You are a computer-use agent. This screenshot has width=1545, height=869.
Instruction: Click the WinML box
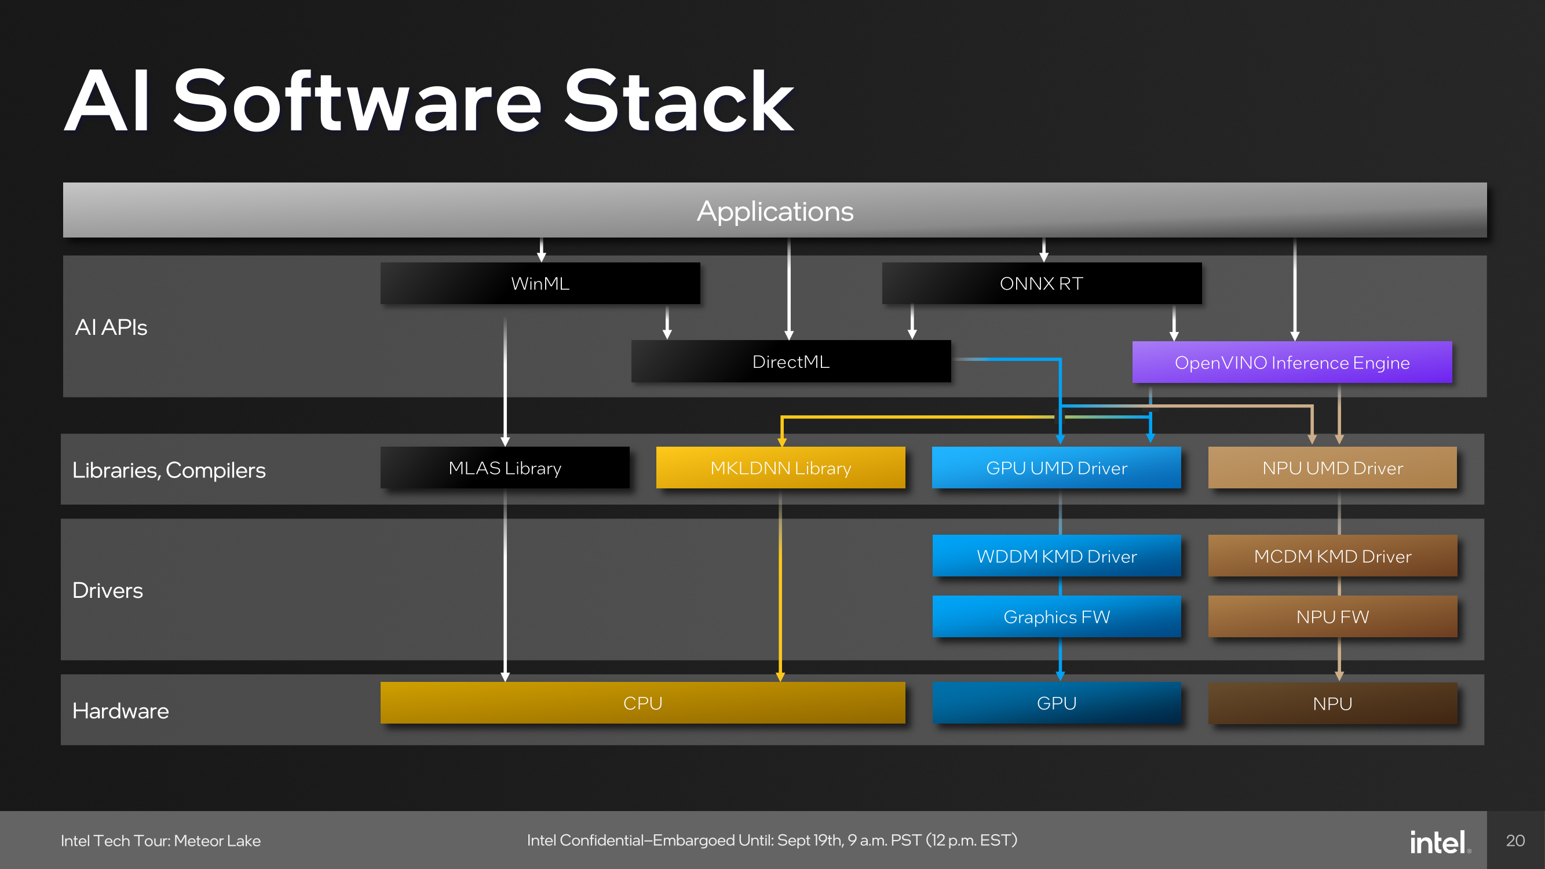point(540,283)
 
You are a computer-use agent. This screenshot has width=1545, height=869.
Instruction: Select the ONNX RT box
point(1041,283)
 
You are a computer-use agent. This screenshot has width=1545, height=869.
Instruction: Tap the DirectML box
point(791,362)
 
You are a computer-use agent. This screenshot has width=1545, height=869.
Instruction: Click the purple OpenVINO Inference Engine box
point(1292,362)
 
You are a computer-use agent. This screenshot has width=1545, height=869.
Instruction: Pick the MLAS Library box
point(505,468)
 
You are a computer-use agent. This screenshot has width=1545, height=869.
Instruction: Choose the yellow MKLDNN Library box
point(780,468)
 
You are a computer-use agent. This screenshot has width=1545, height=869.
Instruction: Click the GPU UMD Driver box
point(1056,468)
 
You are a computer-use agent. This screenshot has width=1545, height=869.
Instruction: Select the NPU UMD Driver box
point(1332,468)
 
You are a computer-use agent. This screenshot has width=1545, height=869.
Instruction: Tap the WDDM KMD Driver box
point(1056,556)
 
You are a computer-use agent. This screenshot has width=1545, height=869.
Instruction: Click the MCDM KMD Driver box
point(1332,556)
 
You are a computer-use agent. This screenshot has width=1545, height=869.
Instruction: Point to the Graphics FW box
point(1056,616)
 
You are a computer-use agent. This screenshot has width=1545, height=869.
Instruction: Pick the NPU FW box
point(1332,616)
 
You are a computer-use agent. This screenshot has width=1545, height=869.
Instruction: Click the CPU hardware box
point(642,703)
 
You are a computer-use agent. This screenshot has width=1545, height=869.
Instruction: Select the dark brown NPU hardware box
point(1332,703)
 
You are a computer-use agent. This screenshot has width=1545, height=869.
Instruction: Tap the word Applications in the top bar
point(775,211)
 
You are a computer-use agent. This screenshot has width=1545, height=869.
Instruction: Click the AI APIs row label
point(111,327)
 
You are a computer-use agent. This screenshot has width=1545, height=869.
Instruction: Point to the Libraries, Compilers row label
point(169,470)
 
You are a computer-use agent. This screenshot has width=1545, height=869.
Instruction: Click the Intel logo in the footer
point(1438,841)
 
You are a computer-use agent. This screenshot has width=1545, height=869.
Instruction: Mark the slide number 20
point(1515,841)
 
